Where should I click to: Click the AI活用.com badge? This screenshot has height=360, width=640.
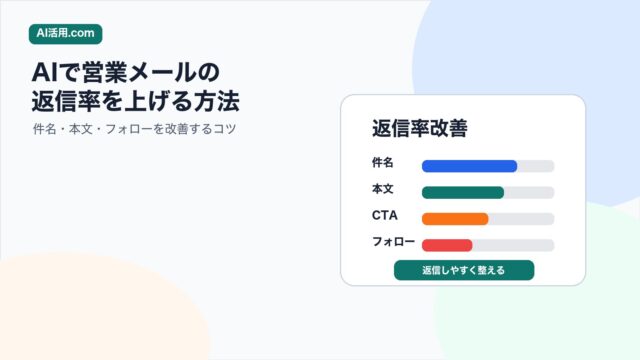tap(65, 33)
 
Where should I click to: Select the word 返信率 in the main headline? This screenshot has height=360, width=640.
tap(66, 101)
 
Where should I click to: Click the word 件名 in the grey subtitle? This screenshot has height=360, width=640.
tap(44, 129)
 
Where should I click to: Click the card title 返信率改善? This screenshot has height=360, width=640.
tap(420, 128)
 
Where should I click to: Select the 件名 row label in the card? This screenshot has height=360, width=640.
tap(382, 162)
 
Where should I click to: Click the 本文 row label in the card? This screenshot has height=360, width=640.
tap(382, 189)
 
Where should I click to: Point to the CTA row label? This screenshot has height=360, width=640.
tap(384, 216)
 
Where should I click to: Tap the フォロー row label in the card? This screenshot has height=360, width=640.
tap(393, 242)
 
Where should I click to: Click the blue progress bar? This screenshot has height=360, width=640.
tap(469, 166)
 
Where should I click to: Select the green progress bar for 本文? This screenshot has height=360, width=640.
tap(463, 193)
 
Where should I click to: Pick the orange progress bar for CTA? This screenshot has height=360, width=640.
tap(455, 219)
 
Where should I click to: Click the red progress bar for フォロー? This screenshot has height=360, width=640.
tap(447, 245)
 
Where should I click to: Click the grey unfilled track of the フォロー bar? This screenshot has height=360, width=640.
tap(513, 245)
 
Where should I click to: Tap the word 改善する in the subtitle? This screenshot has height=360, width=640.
tap(182, 129)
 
